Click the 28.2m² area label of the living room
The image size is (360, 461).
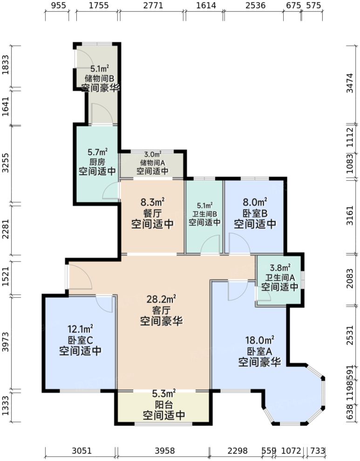[x=161, y=298]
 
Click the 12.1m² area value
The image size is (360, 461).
[x=81, y=329]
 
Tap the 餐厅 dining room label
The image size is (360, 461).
[x=153, y=213]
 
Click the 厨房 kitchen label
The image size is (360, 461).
[x=97, y=162]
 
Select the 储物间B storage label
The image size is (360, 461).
[x=100, y=78]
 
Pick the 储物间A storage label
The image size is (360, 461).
[x=153, y=163]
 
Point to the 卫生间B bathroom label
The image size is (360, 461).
[x=204, y=213]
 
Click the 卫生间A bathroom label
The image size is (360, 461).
[x=280, y=277]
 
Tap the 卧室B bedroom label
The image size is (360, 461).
[x=255, y=213]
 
